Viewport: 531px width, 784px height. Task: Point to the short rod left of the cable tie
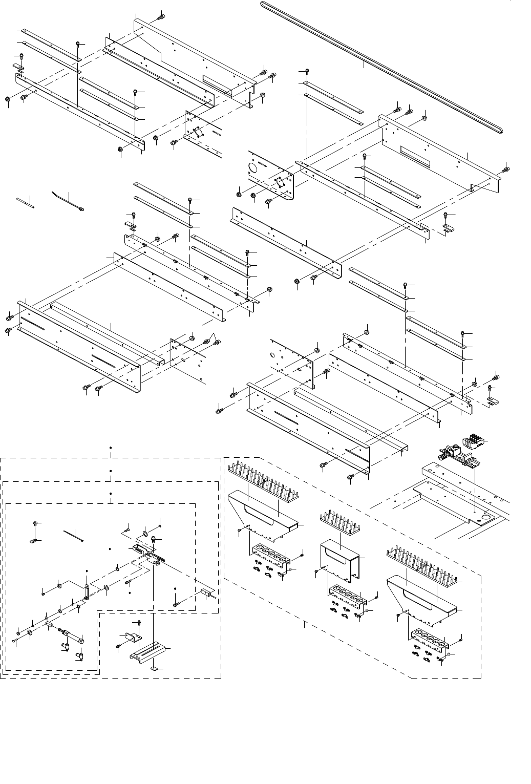pos(25,202)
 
